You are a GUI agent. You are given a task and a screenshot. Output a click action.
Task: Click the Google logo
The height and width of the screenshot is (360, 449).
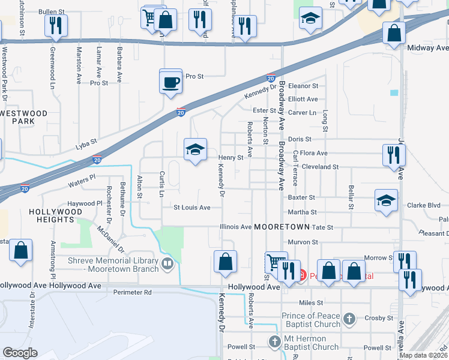coord(20,353)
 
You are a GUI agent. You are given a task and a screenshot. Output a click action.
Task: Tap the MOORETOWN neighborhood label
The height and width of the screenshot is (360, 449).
coord(281,227)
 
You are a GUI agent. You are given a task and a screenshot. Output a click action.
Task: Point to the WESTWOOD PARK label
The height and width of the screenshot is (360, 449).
coord(23,117)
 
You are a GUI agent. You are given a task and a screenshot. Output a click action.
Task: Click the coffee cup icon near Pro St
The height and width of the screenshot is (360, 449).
coord(171,81)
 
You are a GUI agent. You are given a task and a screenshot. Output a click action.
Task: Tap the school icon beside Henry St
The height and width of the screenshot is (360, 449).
coord(195,151)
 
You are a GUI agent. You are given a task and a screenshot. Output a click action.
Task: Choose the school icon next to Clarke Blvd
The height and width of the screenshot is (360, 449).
coord(386,202)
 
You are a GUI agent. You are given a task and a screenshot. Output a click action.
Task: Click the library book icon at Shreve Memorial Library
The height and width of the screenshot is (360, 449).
coord(167,262)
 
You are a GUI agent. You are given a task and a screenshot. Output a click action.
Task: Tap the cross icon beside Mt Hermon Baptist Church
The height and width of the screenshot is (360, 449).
coord(275,342)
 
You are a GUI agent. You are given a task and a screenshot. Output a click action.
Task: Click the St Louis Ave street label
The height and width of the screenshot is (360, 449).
coord(192,208)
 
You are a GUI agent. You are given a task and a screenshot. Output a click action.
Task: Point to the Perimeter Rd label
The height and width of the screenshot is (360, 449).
coord(133,293)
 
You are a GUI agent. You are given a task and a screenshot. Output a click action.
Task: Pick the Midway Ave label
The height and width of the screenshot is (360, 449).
coord(428,47)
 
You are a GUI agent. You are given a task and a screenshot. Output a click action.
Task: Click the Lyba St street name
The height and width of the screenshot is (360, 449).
coord(86,146)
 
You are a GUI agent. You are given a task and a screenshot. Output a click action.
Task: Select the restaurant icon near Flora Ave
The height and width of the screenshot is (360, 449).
coord(394,155)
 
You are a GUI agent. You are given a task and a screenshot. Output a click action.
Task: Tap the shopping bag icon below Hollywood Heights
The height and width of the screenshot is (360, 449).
coord(20,252)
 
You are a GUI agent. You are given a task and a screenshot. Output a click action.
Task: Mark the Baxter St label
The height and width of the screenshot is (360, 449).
coord(301,197)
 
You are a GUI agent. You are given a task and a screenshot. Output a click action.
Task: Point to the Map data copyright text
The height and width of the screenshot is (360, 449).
coord(423,355)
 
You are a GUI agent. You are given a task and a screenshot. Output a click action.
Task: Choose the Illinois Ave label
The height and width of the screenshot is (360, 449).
coord(237,227)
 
